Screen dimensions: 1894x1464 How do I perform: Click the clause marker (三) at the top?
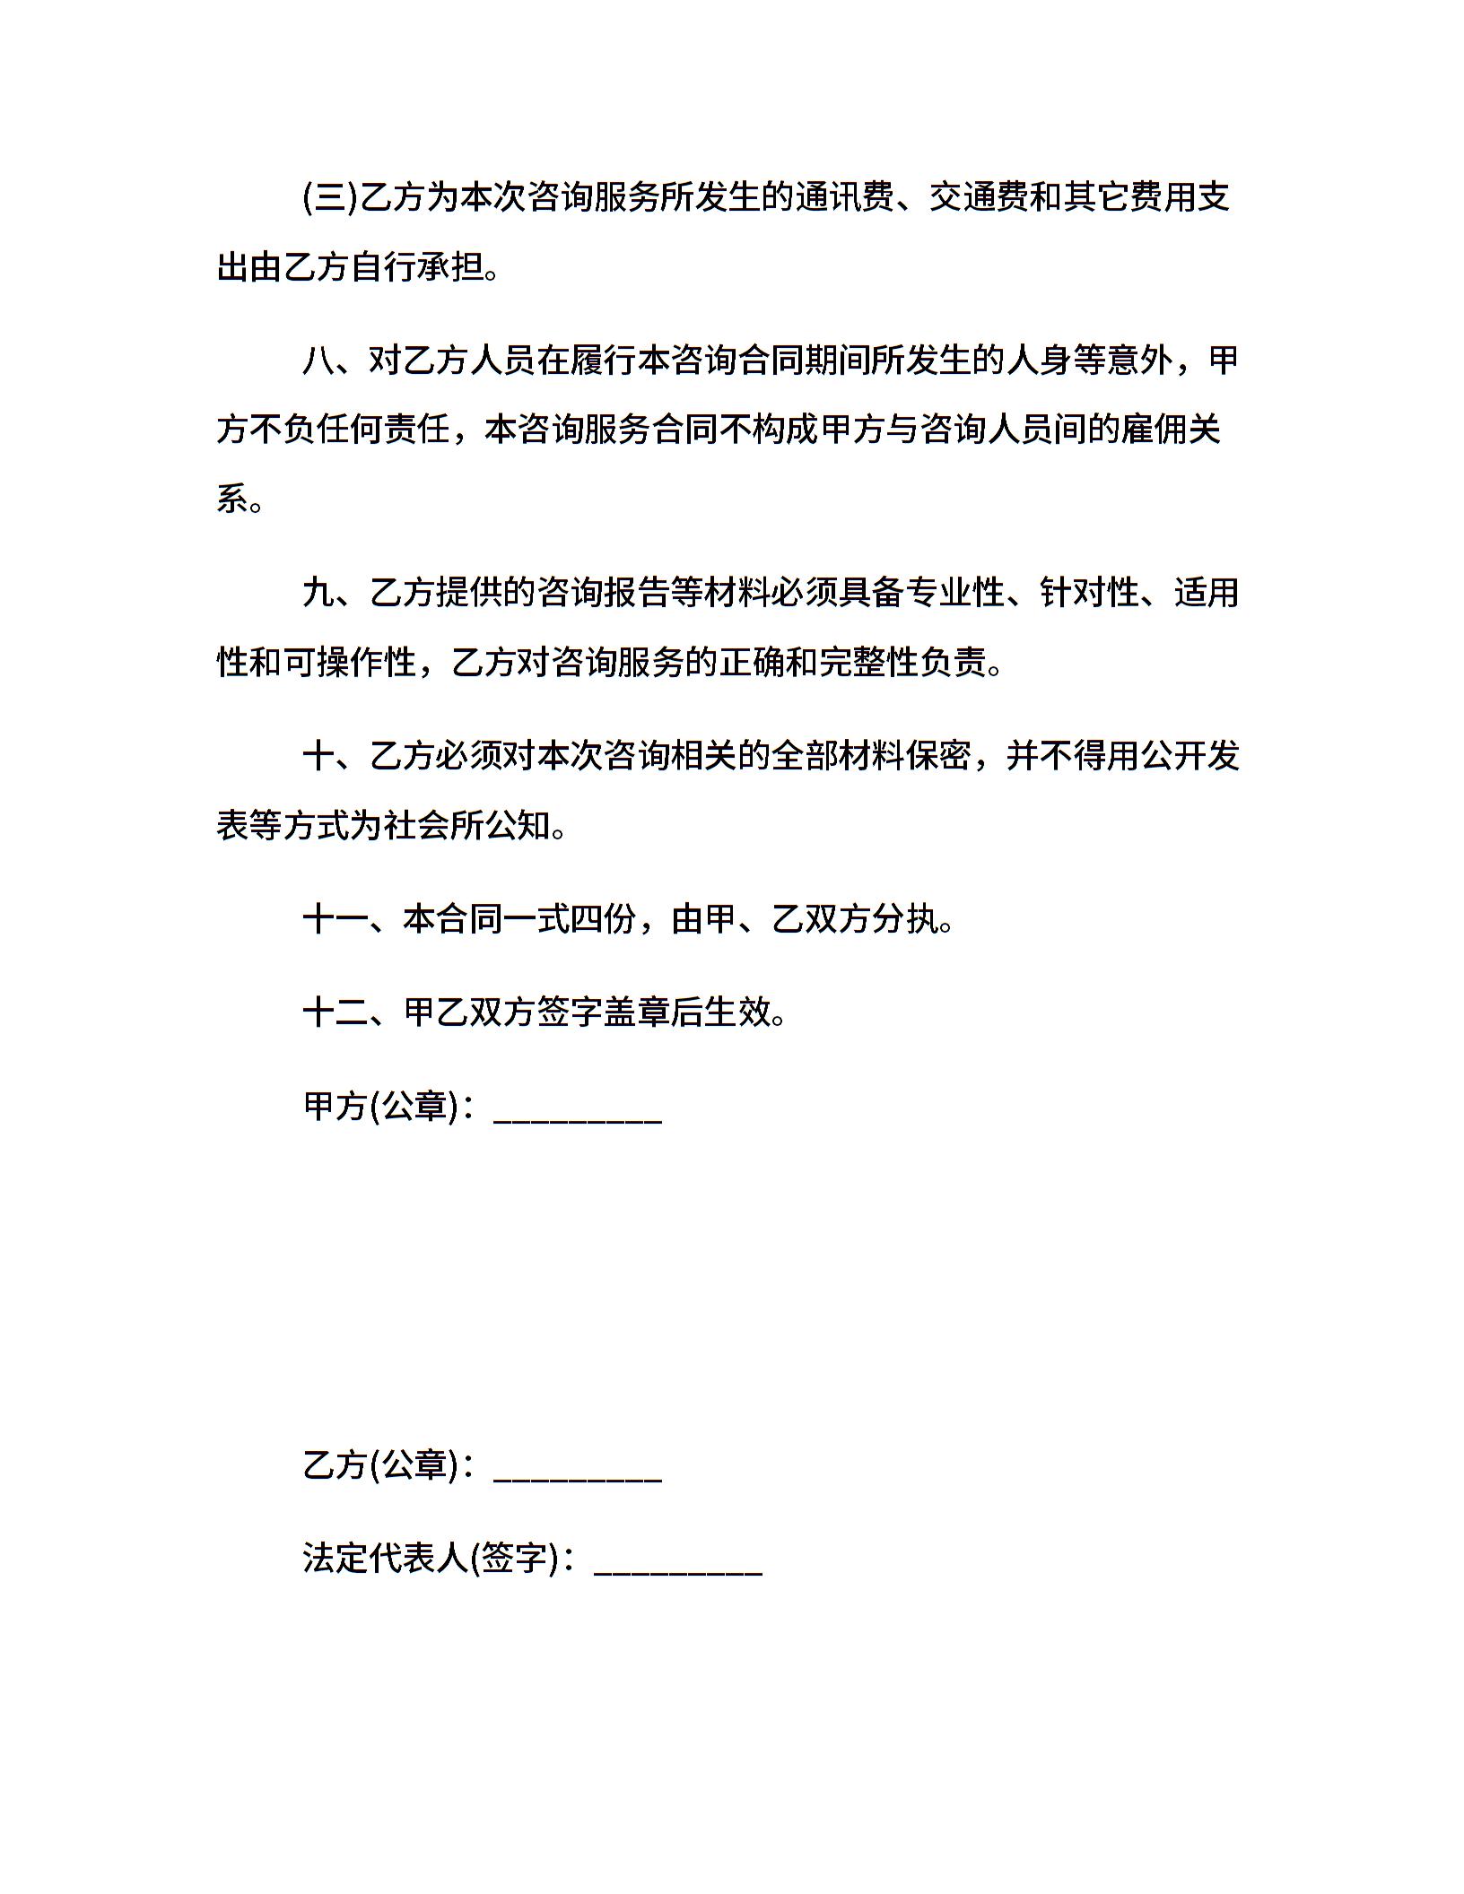coord(330,197)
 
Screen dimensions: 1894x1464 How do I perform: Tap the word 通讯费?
coord(844,197)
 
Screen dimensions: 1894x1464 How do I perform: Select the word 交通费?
coord(979,197)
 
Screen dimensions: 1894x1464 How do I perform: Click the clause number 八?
coord(318,361)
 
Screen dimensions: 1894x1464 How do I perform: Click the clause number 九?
coord(318,593)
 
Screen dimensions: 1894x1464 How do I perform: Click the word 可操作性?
coord(350,663)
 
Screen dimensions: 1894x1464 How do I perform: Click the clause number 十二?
coord(335,1012)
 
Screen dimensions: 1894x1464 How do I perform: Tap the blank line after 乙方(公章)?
coord(578,1469)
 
